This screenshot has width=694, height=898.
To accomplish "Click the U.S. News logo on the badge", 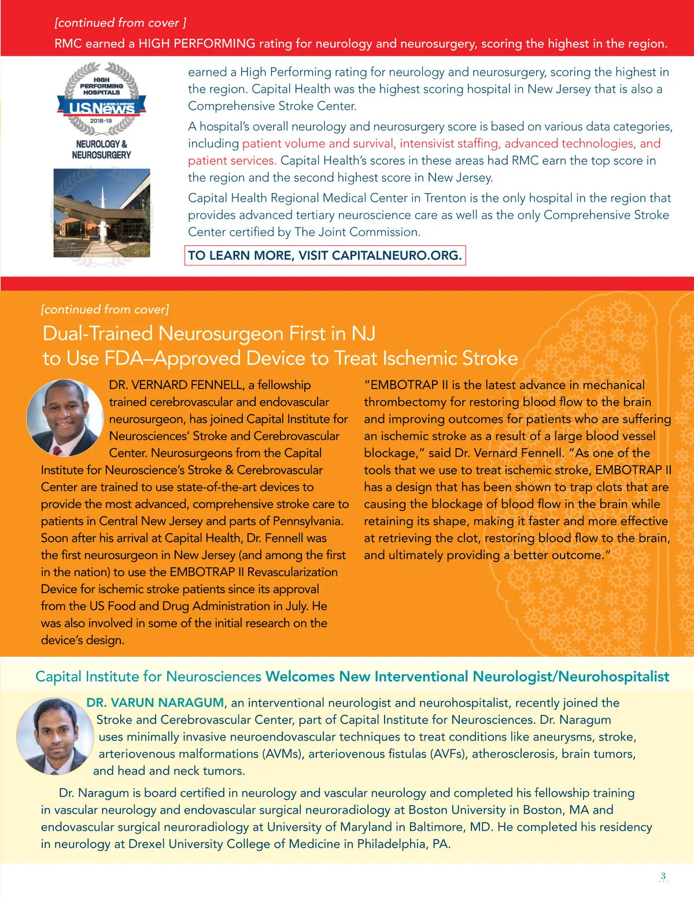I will point(101,108).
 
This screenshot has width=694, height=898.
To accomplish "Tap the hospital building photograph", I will point(102,213).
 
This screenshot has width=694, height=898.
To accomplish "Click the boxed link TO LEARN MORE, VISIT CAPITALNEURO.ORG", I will point(325,256).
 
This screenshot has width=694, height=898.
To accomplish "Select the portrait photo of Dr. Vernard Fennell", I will point(65,417).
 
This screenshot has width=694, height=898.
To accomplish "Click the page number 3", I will point(663,875).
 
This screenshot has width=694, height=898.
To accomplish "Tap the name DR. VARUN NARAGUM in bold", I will point(155,703).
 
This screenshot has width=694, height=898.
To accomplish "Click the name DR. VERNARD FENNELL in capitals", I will point(176,385).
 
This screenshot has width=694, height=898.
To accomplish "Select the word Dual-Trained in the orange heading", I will point(98,334).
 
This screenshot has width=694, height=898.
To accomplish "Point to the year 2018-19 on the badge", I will point(101,121).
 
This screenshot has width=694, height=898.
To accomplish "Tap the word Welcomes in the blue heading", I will point(300,677).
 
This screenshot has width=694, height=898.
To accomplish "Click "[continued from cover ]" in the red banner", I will point(120,23).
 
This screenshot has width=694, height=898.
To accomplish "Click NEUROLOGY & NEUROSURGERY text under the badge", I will point(101,149).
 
